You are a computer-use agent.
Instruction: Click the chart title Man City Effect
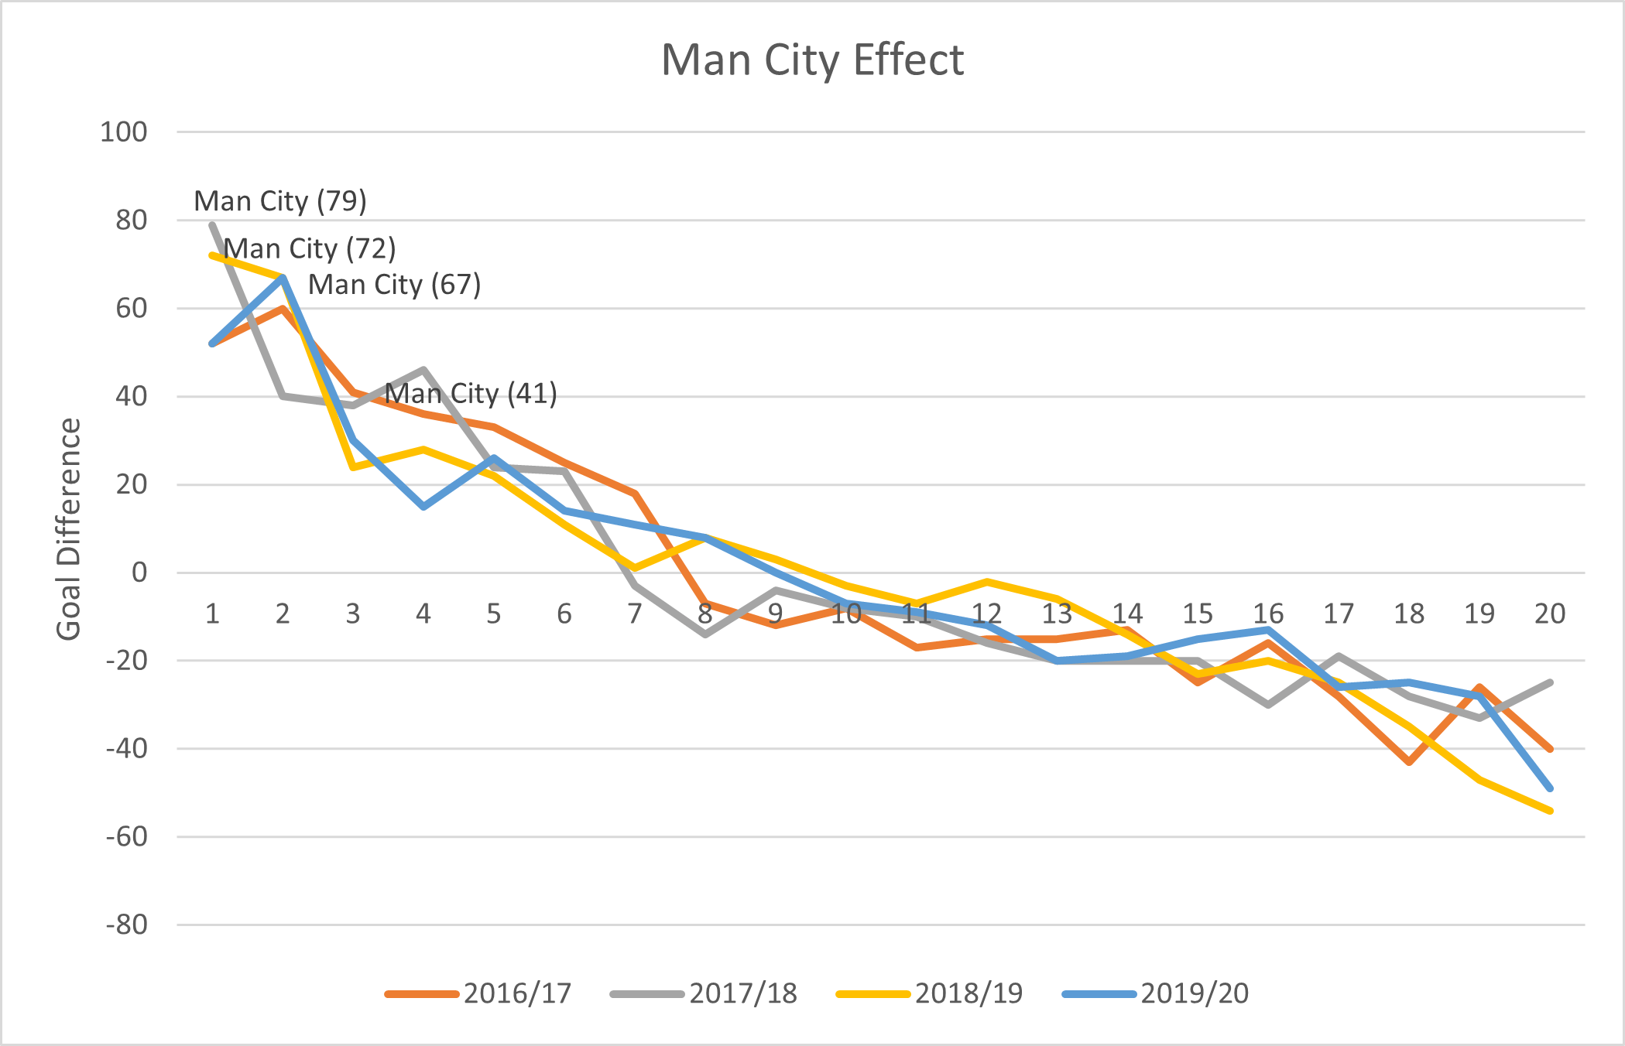pyautogui.click(x=812, y=60)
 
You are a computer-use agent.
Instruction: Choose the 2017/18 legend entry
pyautogui.click(x=704, y=993)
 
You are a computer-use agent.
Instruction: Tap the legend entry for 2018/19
pyautogui.click(x=930, y=993)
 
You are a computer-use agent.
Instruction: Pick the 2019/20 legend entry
pyautogui.click(x=1156, y=993)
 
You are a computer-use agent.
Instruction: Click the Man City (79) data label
pyautogui.click(x=280, y=201)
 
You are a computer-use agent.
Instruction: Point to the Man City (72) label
pyautogui.click(x=310, y=249)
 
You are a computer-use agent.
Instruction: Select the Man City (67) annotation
pyautogui.click(x=395, y=285)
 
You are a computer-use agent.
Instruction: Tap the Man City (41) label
pyautogui.click(x=471, y=394)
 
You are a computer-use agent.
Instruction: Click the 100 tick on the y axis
pyautogui.click(x=124, y=132)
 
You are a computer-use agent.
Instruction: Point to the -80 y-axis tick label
pyautogui.click(x=127, y=925)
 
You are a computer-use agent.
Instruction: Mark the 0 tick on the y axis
pyautogui.click(x=139, y=573)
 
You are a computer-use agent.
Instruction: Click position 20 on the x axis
pyautogui.click(x=1550, y=614)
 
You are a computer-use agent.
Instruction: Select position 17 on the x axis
pyautogui.click(x=1339, y=614)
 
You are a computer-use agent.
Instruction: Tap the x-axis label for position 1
pyautogui.click(x=212, y=614)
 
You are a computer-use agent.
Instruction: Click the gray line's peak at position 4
pyautogui.click(x=423, y=370)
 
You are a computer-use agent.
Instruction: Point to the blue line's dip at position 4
pyautogui.click(x=423, y=507)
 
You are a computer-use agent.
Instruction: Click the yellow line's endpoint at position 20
pyautogui.click(x=1550, y=811)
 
